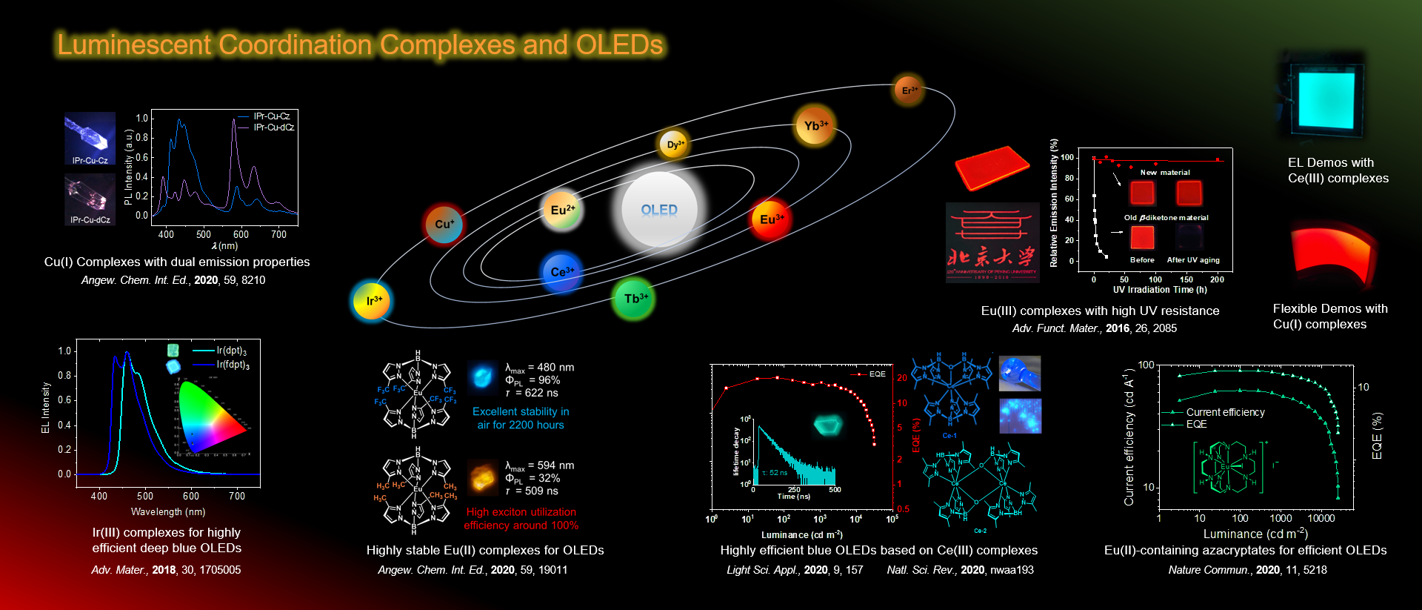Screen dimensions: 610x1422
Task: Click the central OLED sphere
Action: (658, 210)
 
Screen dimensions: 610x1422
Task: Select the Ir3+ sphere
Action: (372, 300)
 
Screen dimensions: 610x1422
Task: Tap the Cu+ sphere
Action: (444, 224)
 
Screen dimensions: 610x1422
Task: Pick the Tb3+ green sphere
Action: (634, 299)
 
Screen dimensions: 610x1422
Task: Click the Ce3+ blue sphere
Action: (561, 272)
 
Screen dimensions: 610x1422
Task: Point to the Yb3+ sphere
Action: (814, 126)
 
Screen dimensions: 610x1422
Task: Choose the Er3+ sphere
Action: (908, 90)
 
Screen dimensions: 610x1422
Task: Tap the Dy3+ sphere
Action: (674, 145)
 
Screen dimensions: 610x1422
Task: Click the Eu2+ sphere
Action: (562, 210)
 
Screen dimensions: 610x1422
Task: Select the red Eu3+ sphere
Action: (770, 219)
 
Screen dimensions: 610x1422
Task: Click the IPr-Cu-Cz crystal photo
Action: (90, 139)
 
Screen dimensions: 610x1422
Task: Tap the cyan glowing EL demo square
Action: (1323, 97)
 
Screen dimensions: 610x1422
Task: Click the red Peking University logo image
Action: (992, 243)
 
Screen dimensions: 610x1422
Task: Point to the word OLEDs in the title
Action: (619, 45)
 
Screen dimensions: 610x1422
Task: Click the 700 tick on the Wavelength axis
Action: (237, 496)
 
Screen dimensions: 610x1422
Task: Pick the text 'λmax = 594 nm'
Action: (539, 465)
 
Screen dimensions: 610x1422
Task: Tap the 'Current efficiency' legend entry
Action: (1225, 412)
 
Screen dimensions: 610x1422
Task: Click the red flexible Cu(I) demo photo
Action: (1333, 252)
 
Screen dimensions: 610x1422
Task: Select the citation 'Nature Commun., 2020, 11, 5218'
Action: (1247, 570)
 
